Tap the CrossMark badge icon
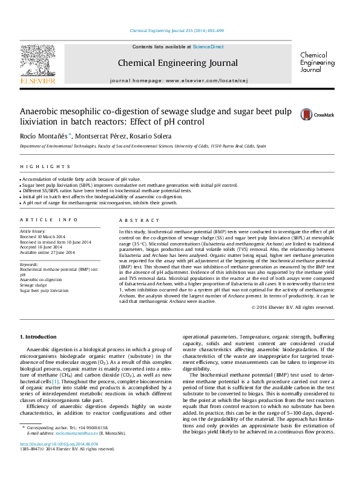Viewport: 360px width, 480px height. (307, 114)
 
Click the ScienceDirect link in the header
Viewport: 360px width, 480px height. (208, 47)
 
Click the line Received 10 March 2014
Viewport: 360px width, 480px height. (44, 237)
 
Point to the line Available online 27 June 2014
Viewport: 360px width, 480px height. (48, 252)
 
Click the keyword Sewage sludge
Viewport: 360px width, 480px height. (34, 285)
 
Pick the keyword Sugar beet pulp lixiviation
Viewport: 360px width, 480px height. (44, 290)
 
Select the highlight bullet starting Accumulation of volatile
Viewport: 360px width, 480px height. (80, 180)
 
